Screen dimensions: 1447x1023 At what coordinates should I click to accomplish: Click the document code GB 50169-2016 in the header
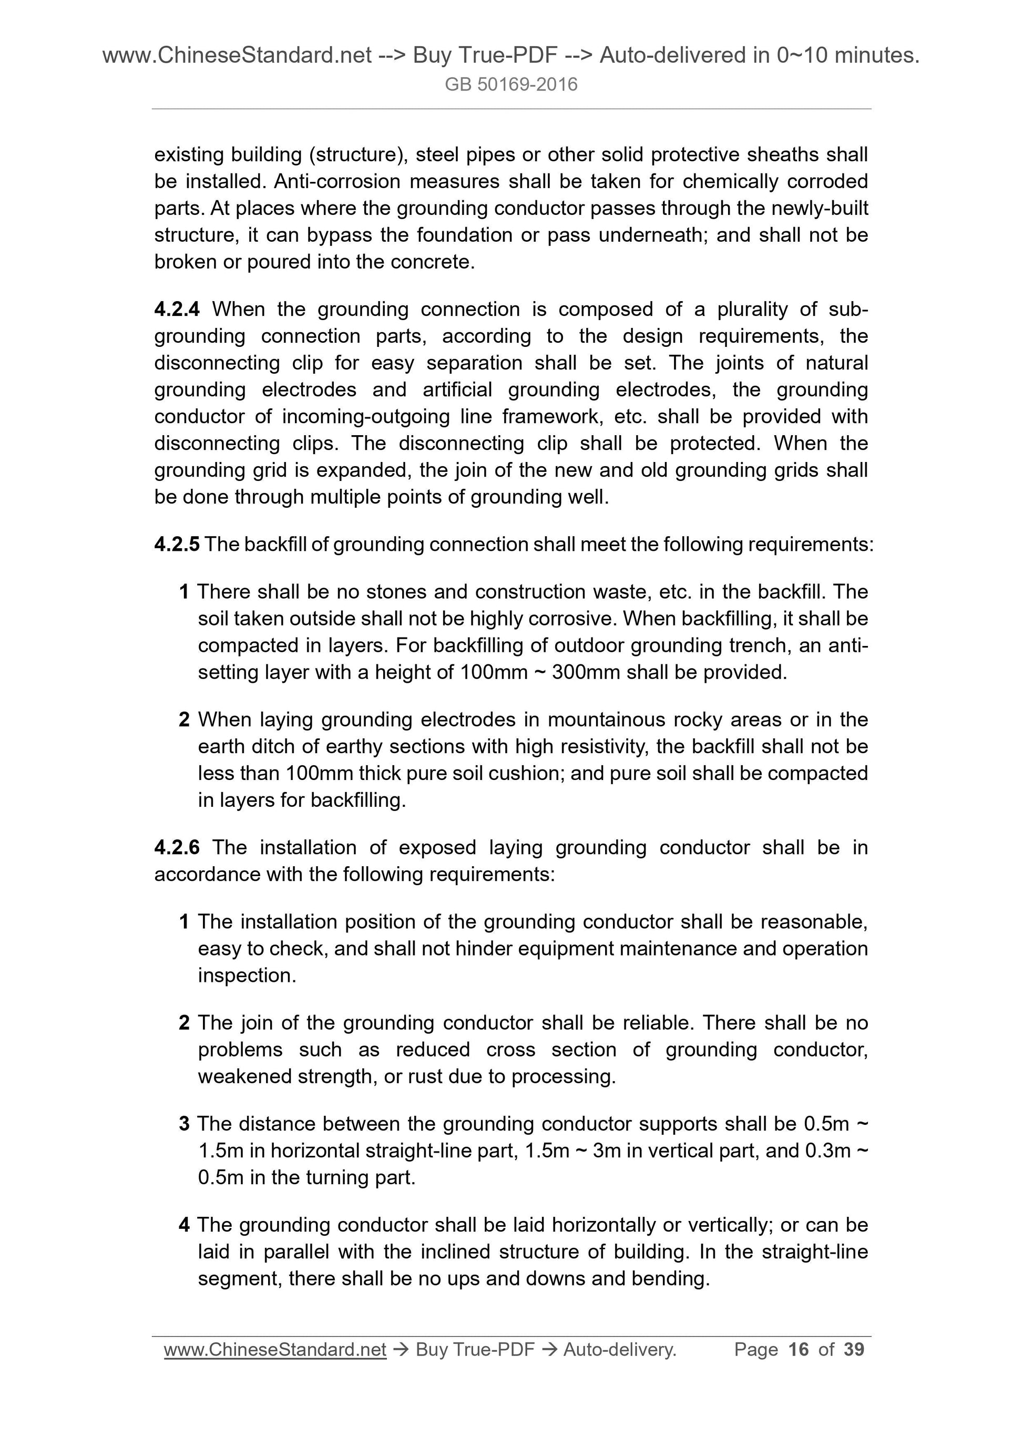pos(510,85)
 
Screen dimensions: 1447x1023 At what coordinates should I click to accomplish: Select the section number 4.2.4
pos(177,310)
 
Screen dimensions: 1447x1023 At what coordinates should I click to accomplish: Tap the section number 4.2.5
pos(177,545)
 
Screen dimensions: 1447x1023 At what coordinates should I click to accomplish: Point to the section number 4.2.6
pos(177,848)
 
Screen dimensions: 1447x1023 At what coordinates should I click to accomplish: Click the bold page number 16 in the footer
pos(798,1349)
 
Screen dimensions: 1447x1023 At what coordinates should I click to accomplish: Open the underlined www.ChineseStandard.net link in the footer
pos(275,1349)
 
